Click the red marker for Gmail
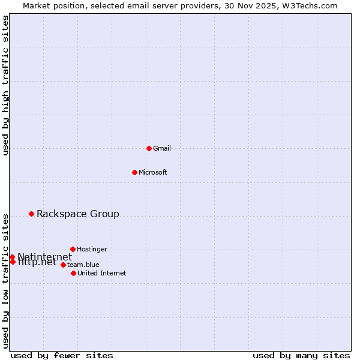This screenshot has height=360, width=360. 149,148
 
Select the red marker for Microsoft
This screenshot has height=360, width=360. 134,172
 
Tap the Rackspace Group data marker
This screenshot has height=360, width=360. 32,214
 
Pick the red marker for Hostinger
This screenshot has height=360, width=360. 73,249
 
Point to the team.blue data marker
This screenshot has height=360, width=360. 63,265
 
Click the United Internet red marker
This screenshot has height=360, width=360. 73,273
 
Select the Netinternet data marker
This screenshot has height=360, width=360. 12,257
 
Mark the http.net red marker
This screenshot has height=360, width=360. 13,262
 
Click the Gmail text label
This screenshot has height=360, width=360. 162,149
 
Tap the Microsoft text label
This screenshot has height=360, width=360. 153,173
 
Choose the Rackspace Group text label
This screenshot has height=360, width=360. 78,214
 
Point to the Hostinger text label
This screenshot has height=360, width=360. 92,249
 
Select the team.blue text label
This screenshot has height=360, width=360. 83,265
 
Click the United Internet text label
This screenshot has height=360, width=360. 102,274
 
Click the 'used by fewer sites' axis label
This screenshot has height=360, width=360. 62,355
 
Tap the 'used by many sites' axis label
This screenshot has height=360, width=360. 301,355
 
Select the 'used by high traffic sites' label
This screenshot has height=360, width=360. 6,86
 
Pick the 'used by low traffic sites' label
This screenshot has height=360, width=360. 6,281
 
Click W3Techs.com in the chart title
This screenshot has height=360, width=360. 310,6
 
